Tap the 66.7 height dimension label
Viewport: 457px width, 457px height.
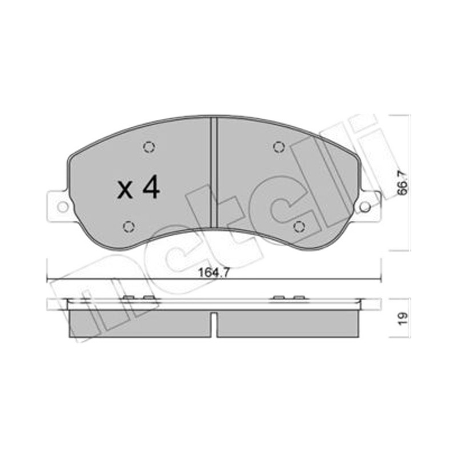click(x=403, y=183)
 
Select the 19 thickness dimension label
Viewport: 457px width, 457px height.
click(x=403, y=319)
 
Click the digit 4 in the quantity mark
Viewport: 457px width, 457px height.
click(x=151, y=187)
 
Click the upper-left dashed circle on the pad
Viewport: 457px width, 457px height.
click(x=149, y=147)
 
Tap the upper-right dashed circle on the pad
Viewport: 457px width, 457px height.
click(x=279, y=147)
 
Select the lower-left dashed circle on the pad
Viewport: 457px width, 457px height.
click(x=129, y=226)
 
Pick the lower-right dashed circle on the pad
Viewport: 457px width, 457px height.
click(x=299, y=226)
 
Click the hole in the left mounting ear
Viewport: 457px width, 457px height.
click(x=62, y=207)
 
